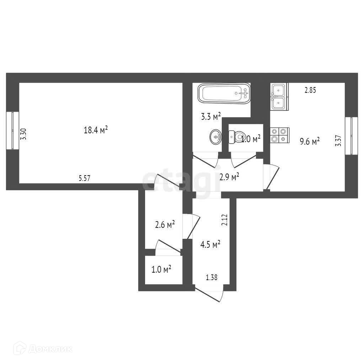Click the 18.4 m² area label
click(96, 130)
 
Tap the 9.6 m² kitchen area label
click(310, 142)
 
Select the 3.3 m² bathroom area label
click(211, 116)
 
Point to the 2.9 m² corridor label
click(229, 177)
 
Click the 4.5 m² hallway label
click(210, 245)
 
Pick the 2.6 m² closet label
click(165, 225)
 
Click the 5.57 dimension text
click(84, 178)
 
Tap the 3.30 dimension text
click(23, 134)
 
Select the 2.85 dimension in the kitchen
click(310, 90)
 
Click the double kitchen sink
click(278, 96)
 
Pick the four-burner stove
click(279, 135)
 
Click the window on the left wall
click(13, 130)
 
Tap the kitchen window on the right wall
click(351, 136)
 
